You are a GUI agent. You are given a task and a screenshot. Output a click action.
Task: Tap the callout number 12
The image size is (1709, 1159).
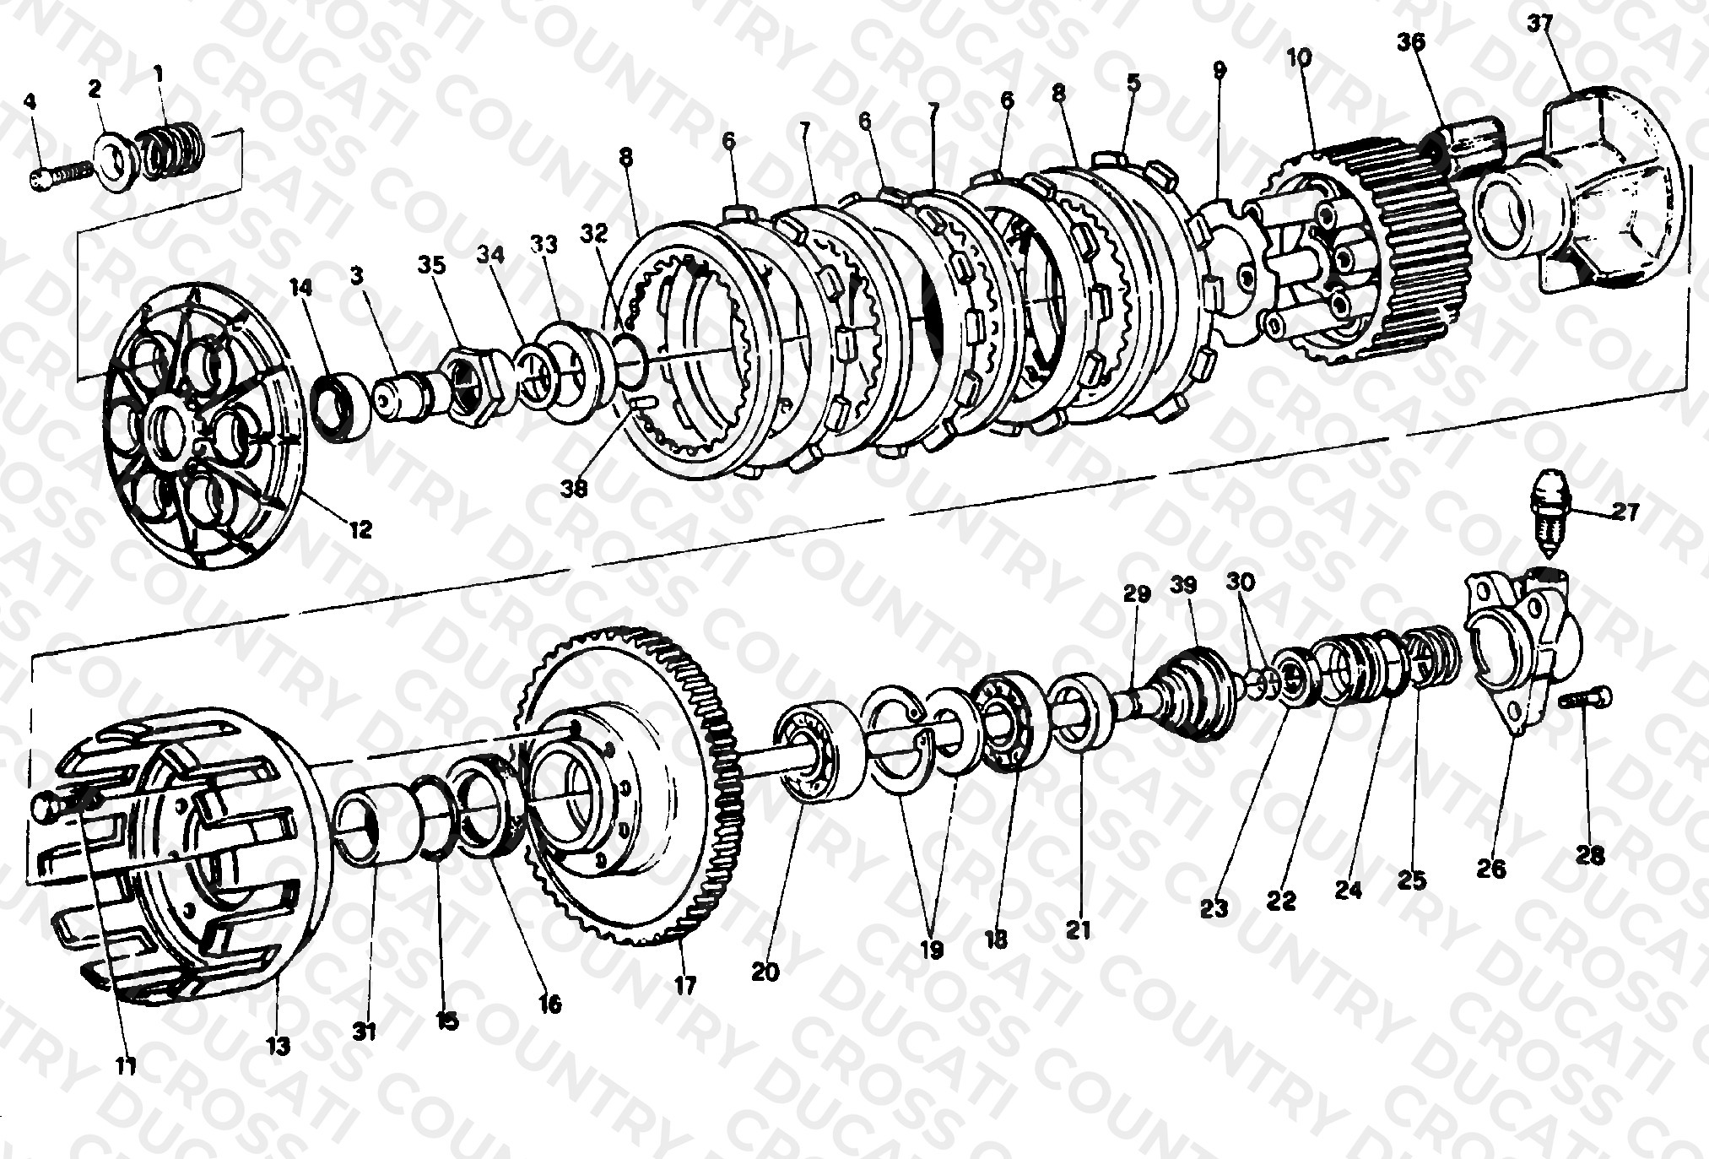tap(360, 529)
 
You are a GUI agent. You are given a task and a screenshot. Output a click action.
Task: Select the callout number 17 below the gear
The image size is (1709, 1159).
tap(685, 984)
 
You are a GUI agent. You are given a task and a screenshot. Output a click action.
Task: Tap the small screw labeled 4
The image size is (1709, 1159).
tap(60, 177)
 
